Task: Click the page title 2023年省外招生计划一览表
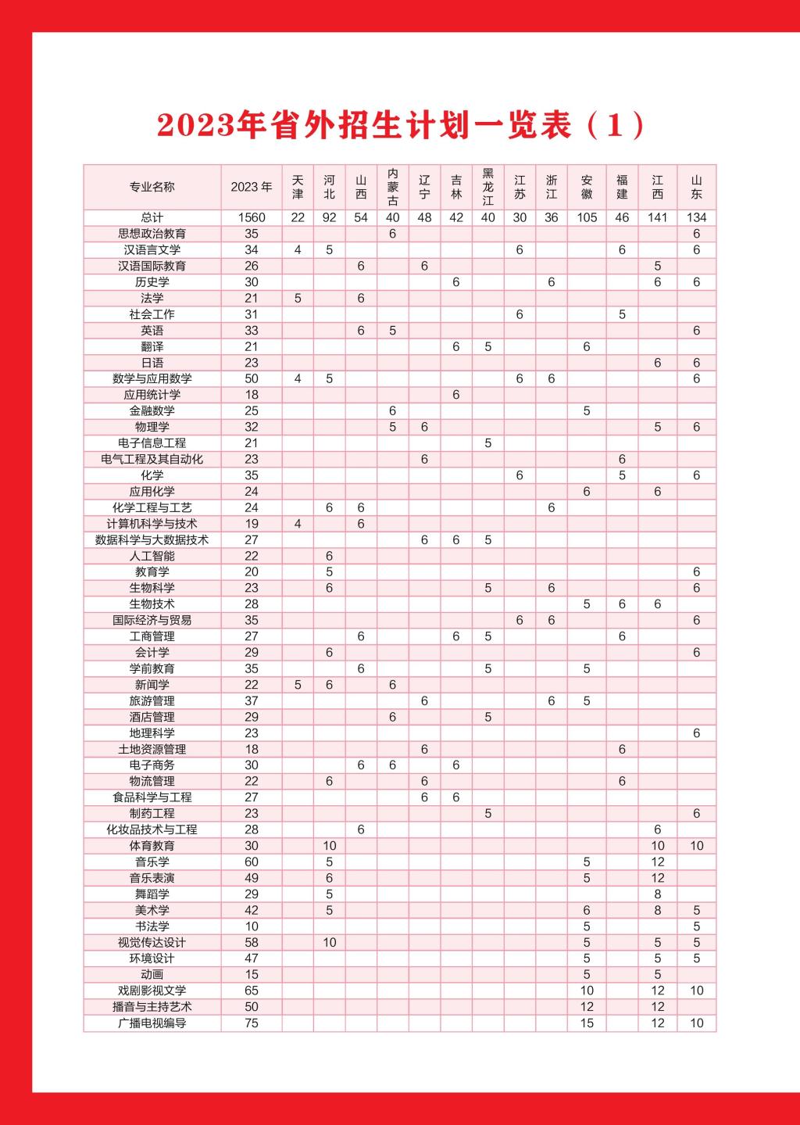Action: tap(400, 125)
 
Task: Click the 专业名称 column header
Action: tap(152, 187)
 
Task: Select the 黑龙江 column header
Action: tap(487, 187)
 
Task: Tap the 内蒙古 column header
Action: tap(392, 187)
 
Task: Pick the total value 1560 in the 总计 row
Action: tap(252, 217)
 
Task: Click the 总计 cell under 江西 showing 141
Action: tap(657, 217)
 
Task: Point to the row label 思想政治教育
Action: tap(152, 234)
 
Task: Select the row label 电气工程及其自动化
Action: tap(152, 459)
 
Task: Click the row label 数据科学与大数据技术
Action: tap(152, 539)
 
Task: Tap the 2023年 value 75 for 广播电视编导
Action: tap(252, 1023)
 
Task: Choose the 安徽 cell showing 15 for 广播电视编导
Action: tap(587, 1023)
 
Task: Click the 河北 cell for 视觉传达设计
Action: tap(329, 942)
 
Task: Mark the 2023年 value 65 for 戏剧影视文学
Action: tap(252, 991)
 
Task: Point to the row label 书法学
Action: tap(152, 926)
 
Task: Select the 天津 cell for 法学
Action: tap(298, 298)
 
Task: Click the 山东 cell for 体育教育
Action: tap(696, 846)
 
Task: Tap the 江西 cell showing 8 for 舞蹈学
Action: tap(657, 894)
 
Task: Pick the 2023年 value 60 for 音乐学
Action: tap(252, 862)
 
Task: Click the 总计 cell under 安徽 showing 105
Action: tap(587, 217)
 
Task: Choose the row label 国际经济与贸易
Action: tap(152, 620)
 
